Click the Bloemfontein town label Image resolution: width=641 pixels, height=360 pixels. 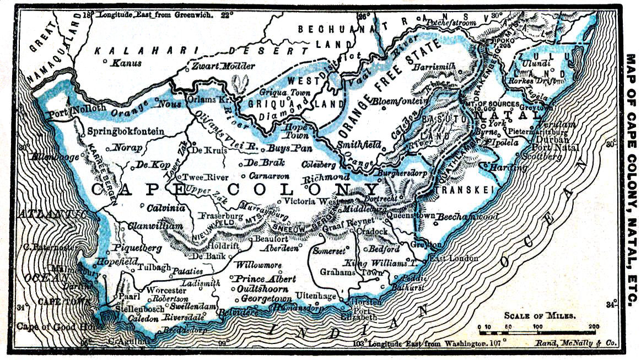coord(402,101)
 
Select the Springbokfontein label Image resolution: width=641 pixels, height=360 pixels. coord(126,131)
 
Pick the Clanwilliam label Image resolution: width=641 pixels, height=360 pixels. coord(155,226)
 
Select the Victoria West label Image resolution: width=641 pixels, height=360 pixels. coord(310,201)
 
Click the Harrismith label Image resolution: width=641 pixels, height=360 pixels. coord(435,66)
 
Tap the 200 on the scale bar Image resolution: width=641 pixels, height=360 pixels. coord(594,326)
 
